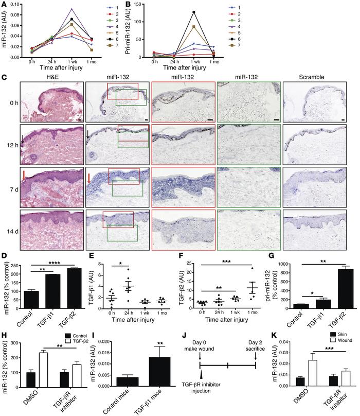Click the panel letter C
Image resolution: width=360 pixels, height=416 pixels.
point(4,78)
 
